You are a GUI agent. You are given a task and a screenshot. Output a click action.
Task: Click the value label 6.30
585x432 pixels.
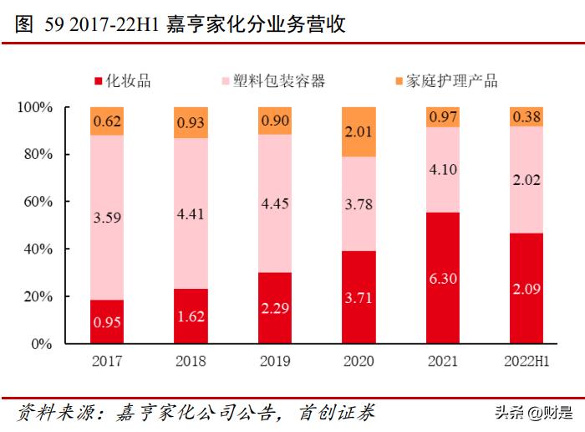[x=442, y=279]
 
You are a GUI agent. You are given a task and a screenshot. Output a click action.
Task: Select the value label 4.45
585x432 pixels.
[x=275, y=203]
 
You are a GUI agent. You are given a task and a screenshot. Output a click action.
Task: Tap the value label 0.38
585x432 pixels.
[x=526, y=117]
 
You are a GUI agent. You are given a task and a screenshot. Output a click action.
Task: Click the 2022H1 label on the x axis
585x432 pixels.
[x=526, y=362]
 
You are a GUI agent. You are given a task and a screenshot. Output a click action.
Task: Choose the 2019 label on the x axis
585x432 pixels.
[x=275, y=362]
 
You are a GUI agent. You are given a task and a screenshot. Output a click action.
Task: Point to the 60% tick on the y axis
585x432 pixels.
[x=36, y=202]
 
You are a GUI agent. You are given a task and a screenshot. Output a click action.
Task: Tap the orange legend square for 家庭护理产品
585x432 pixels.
[x=398, y=81]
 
